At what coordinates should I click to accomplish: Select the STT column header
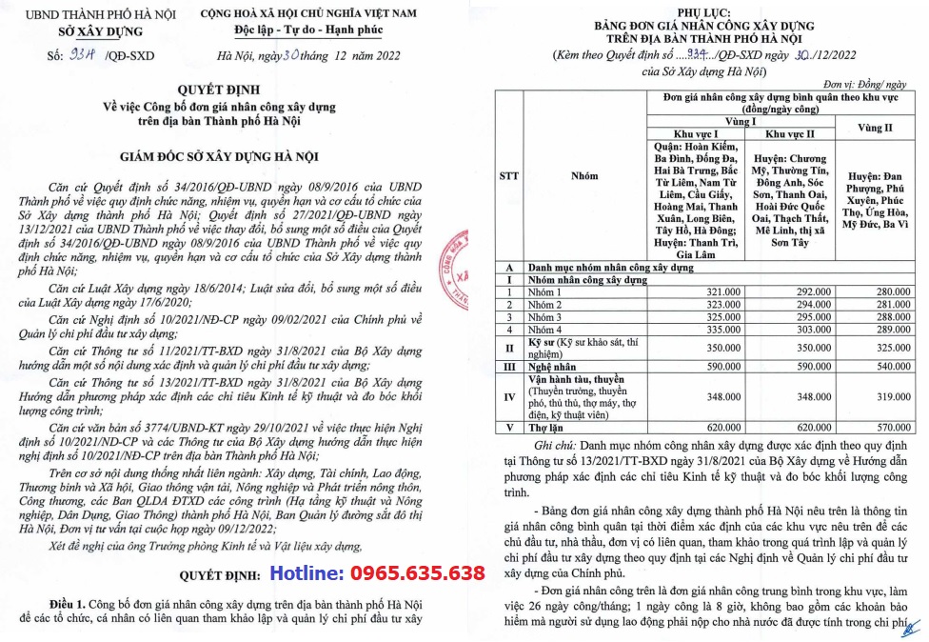(507, 175)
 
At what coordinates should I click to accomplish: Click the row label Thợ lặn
(545, 429)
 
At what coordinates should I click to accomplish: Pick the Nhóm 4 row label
(546, 328)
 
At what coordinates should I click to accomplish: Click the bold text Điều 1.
(69, 604)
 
